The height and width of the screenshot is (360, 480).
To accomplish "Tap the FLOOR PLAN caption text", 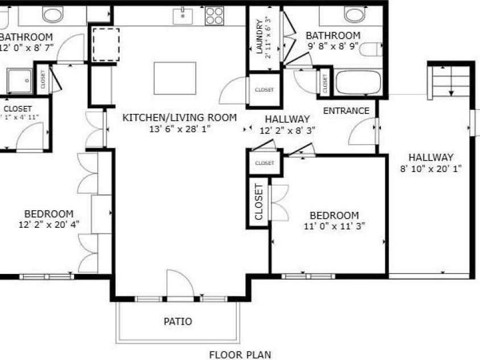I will point(240,355).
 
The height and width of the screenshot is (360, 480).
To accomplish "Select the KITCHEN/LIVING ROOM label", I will point(179,118).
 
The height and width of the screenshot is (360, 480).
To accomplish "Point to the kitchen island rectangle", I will point(175,78).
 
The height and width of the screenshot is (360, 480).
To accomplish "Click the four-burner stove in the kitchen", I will point(214,15).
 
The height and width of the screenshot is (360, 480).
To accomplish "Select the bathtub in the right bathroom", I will point(357,83).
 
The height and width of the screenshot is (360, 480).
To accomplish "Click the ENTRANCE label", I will point(346,111).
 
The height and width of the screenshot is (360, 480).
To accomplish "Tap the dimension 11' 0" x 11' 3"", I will point(334,226).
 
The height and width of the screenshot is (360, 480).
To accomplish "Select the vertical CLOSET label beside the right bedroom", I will point(259,202).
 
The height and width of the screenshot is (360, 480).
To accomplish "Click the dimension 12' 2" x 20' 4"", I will point(48,224).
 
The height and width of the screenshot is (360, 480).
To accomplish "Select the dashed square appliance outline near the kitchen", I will point(105,43).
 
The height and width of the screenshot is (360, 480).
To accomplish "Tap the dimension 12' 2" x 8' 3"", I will point(287,130).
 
